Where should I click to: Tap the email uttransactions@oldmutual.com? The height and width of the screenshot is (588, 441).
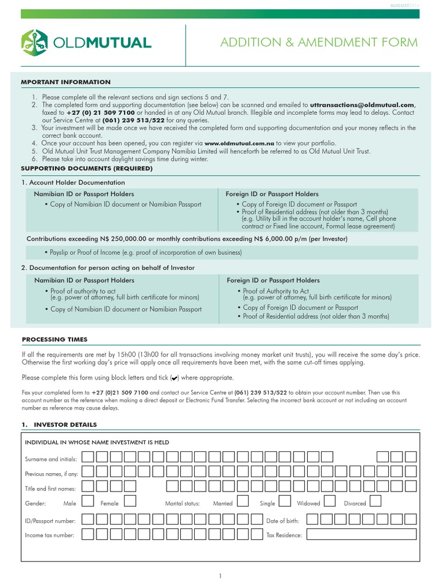click(x=362, y=106)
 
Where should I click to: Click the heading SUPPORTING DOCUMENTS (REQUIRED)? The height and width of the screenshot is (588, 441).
click(x=87, y=168)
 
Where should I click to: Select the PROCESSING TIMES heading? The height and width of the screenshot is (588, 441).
click(x=55, y=339)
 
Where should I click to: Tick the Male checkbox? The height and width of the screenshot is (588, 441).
click(x=88, y=502)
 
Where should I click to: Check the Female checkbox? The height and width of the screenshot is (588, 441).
click(x=130, y=502)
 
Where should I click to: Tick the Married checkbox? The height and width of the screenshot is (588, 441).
click(x=243, y=502)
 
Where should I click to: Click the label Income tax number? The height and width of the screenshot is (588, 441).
click(x=50, y=535)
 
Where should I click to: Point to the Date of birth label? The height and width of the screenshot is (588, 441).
click(x=283, y=521)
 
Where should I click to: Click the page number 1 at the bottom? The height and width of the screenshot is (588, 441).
click(x=220, y=576)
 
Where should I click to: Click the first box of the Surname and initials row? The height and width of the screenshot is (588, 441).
click(x=88, y=457)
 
